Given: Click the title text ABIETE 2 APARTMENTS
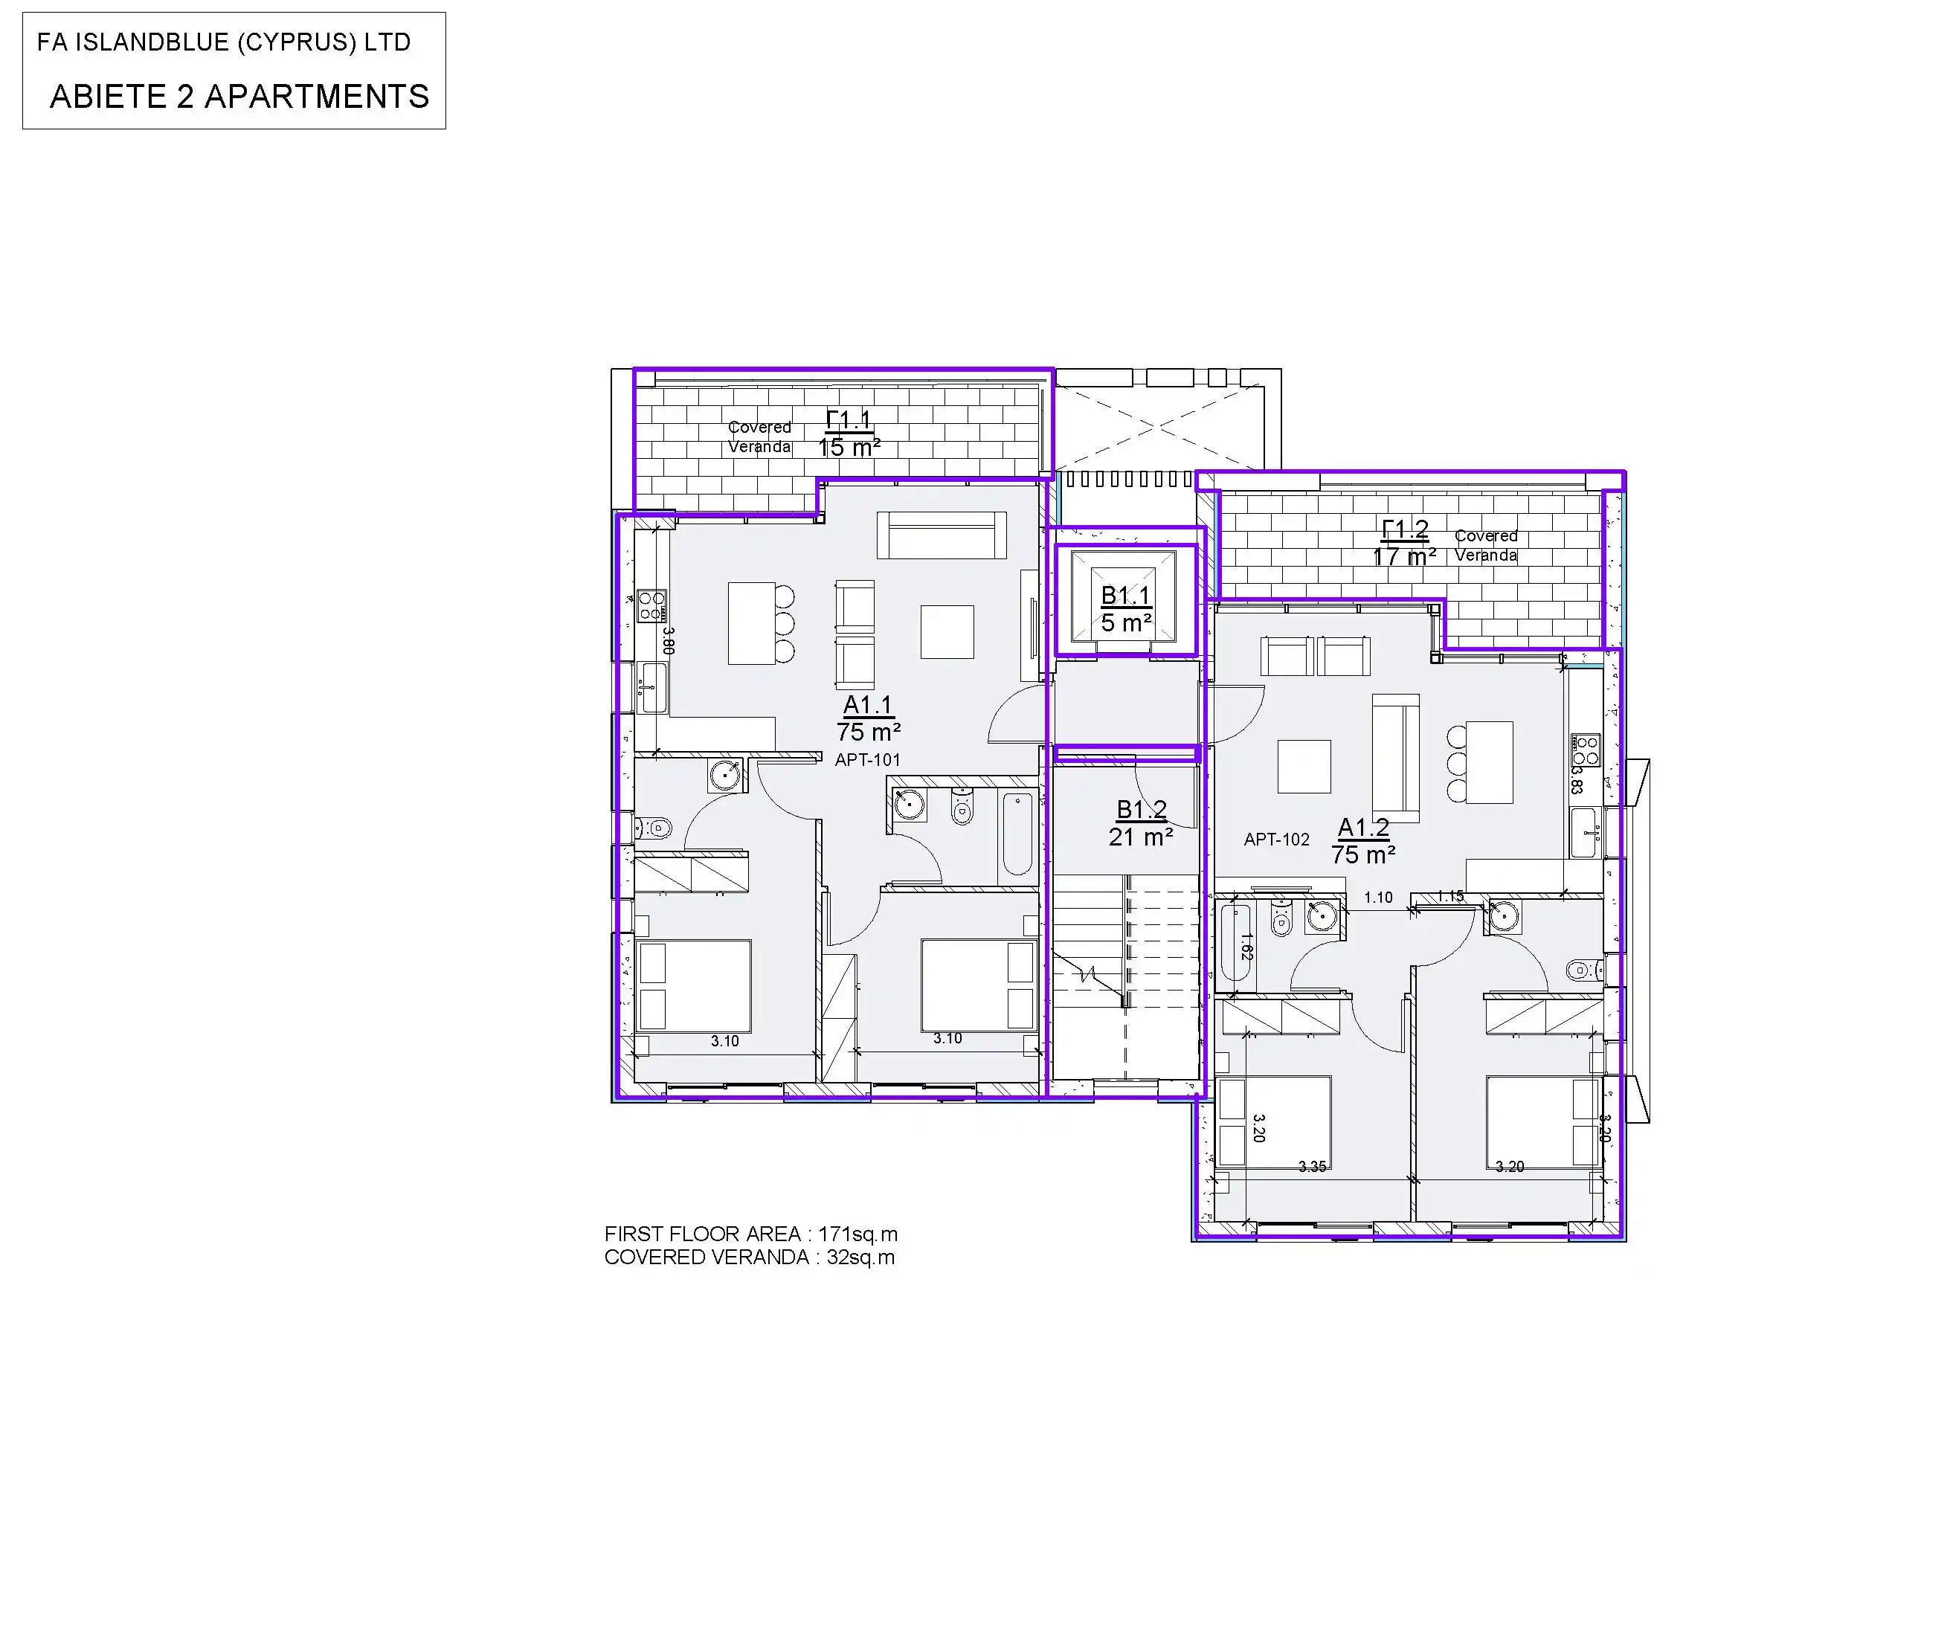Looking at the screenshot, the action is (x=239, y=97).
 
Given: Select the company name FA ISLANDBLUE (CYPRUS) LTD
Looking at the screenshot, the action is (x=224, y=42).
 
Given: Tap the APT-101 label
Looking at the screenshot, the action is (x=867, y=759).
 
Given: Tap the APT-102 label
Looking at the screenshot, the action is (x=1277, y=840).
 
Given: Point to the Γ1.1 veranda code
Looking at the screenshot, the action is (x=849, y=421).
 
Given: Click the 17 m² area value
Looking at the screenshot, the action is (x=1404, y=557).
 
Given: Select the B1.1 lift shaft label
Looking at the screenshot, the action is (x=1125, y=596).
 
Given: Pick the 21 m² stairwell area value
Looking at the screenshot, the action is (x=1140, y=837).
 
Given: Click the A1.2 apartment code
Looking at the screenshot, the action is (x=1363, y=827).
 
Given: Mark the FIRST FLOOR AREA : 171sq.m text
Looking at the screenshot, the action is (x=750, y=1234).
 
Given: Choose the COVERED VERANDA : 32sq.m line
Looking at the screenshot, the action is (x=750, y=1257).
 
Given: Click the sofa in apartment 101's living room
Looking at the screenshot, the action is (x=942, y=535).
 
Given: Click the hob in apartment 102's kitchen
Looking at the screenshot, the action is (x=1585, y=750).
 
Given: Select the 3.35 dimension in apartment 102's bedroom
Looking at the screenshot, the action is (x=1312, y=1166).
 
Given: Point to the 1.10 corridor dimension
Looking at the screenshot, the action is (x=1378, y=898).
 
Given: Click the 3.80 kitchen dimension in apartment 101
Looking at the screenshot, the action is (x=668, y=641).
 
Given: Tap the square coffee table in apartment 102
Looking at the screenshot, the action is (x=1304, y=766).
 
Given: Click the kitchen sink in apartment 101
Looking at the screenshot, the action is (x=653, y=688).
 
